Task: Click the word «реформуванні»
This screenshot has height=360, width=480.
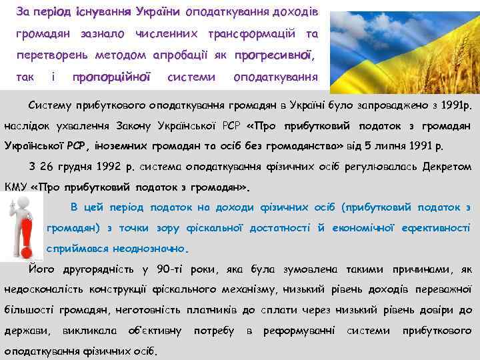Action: click(299, 331)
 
